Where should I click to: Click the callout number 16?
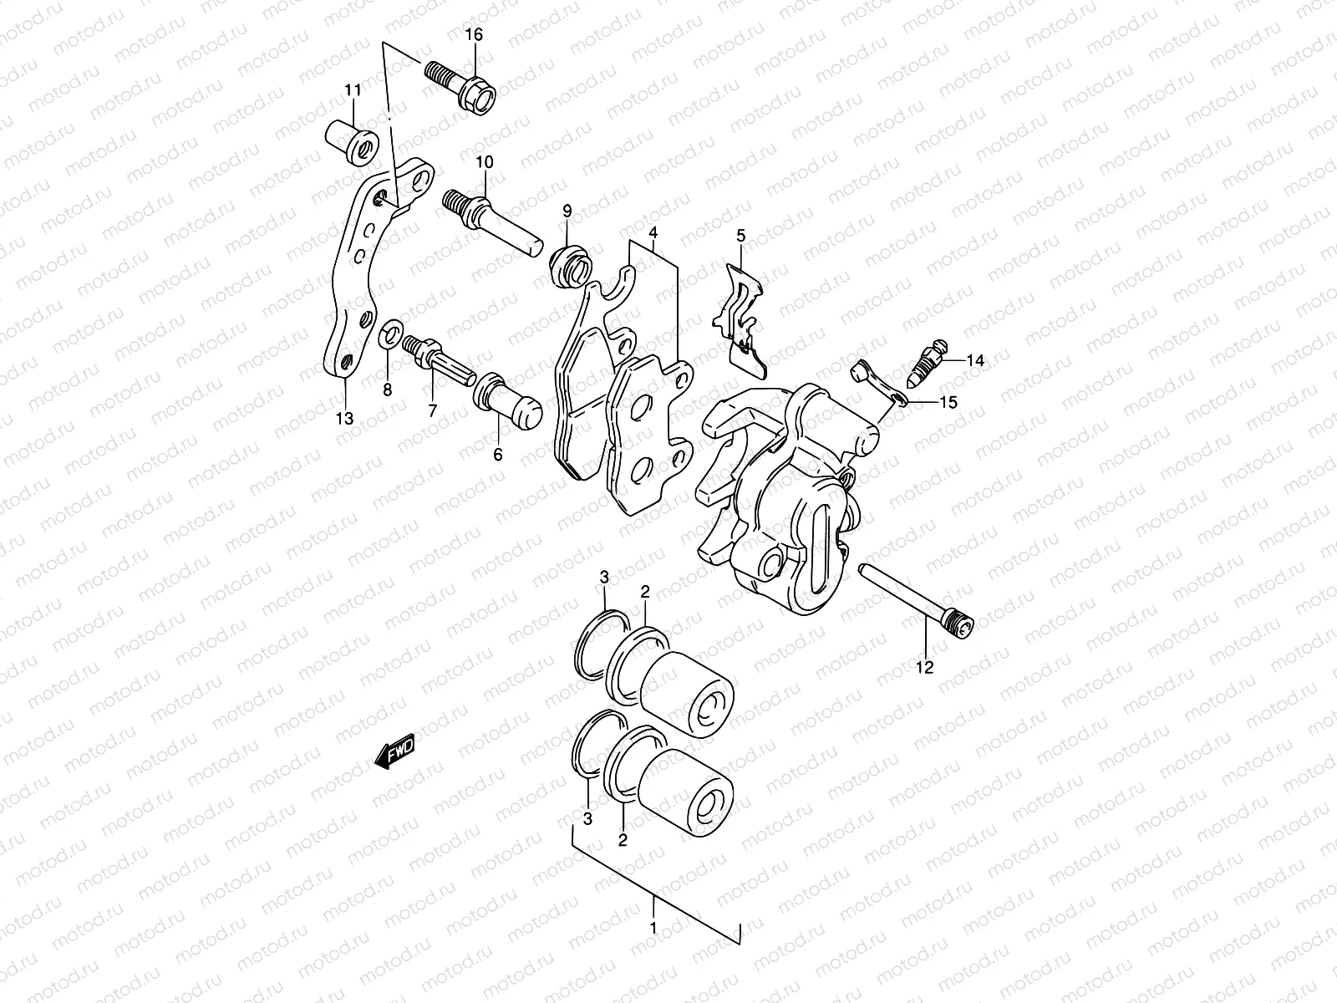[x=474, y=35]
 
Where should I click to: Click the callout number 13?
[x=345, y=418]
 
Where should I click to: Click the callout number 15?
[x=948, y=402]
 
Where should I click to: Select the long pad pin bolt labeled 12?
[x=918, y=597]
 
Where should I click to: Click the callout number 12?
[x=925, y=667]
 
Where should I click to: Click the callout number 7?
[x=432, y=410]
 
